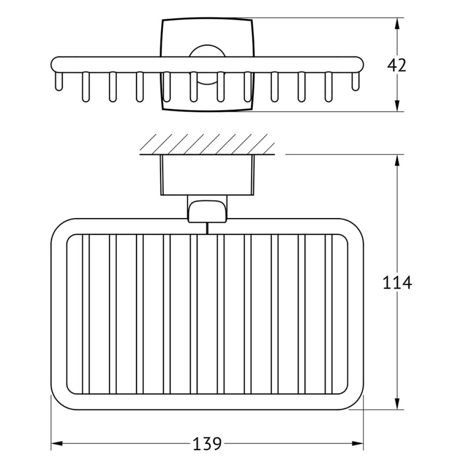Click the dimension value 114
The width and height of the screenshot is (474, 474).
[x=397, y=283]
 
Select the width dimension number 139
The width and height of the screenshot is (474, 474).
[x=207, y=444]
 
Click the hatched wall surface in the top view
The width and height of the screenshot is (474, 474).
[x=207, y=144]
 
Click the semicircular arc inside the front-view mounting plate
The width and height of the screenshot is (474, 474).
[x=207, y=51]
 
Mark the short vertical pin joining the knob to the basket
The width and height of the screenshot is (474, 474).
[x=207, y=229]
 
